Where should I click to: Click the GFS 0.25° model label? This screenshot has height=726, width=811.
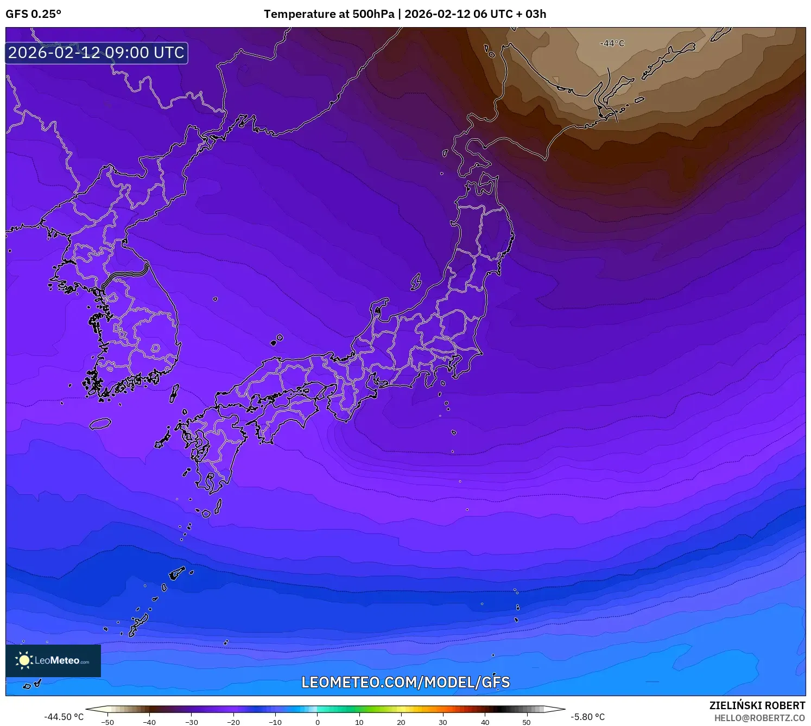tap(33, 14)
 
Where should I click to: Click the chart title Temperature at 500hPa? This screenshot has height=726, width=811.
tap(329, 14)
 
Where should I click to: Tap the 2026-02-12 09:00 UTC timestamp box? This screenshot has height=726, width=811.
tap(97, 53)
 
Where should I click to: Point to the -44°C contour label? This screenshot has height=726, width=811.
tap(612, 43)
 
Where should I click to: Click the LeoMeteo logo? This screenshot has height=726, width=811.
tap(53, 660)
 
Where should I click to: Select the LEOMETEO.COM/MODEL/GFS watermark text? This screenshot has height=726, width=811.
tap(405, 682)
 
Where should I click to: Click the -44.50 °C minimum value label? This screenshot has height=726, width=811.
tap(64, 717)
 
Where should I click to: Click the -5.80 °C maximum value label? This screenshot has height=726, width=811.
tap(587, 717)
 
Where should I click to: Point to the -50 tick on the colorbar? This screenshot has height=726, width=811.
tap(107, 722)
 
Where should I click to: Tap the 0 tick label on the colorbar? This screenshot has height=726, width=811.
tap(318, 722)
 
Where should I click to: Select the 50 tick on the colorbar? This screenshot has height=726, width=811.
tap(527, 722)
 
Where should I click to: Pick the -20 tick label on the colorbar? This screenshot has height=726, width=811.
tap(233, 722)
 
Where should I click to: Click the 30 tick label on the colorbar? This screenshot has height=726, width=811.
tap(443, 722)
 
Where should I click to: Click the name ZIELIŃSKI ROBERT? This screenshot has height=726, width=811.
tap(757, 705)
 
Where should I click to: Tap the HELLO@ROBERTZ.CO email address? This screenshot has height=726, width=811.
tap(759, 718)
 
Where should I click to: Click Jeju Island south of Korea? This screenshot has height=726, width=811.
tap(100, 423)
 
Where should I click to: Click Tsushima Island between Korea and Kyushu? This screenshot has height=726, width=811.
tap(174, 393)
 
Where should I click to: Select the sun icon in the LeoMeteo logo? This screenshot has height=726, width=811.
tap(24, 660)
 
